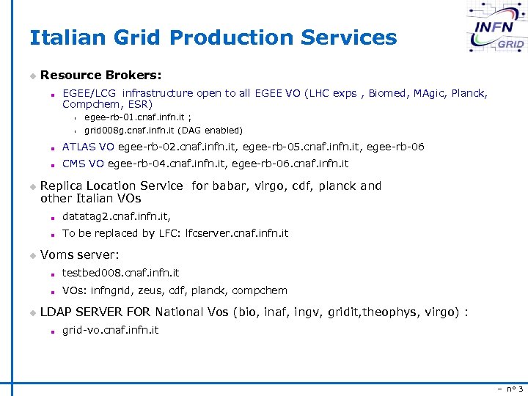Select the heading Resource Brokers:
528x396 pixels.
[101, 75]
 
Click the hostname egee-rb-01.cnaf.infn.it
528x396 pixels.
[135, 117]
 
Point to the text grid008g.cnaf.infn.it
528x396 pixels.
[128, 130]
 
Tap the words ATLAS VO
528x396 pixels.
[88, 147]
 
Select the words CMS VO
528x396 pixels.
[83, 164]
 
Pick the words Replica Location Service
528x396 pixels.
[111, 186]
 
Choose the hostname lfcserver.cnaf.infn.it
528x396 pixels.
[237, 233]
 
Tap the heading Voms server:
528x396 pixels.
[79, 254]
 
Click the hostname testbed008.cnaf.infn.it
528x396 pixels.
[120, 273]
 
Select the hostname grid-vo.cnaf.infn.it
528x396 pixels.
[110, 330]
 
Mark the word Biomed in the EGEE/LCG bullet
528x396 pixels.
[387, 93]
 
